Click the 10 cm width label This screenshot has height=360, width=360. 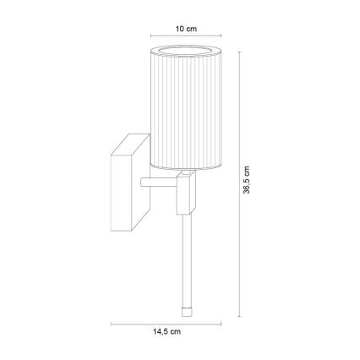[x=186, y=29]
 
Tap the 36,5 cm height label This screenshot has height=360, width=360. [x=248, y=179]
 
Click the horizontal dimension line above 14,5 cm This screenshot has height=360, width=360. [x=166, y=322]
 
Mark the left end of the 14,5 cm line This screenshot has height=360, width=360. [x=112, y=322]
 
